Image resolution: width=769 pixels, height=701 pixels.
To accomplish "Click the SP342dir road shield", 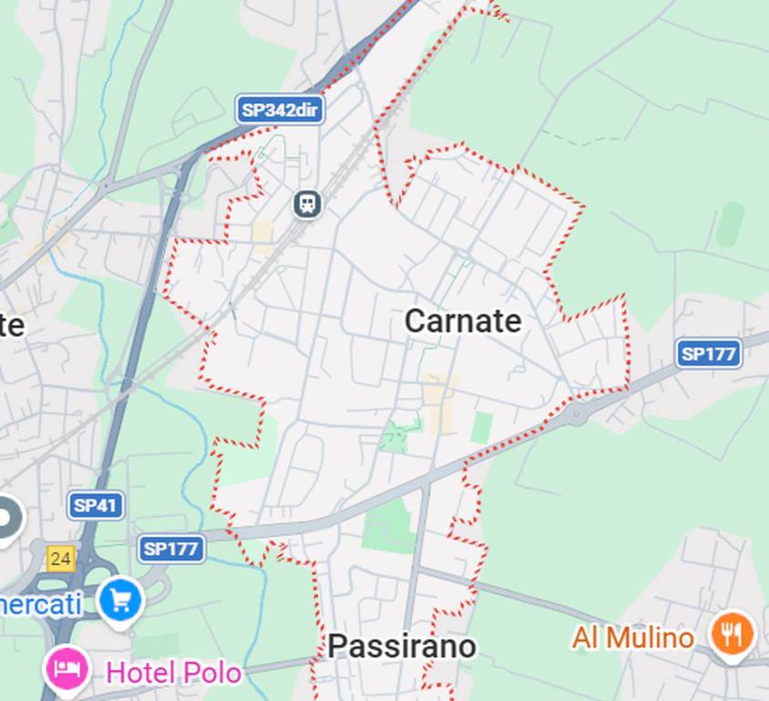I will [x=281, y=110].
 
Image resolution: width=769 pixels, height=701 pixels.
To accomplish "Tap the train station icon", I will [x=308, y=204].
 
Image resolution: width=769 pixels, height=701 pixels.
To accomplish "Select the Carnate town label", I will [x=462, y=321].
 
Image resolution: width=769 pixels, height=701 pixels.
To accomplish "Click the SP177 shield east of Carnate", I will [x=709, y=354].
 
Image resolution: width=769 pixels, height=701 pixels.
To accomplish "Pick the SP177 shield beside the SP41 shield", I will [x=171, y=549].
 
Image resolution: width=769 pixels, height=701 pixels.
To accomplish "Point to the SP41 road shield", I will [x=96, y=505].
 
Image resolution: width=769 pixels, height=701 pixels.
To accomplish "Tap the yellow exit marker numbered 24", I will [x=60, y=559].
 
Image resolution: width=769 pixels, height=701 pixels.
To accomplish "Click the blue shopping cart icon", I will [x=121, y=601].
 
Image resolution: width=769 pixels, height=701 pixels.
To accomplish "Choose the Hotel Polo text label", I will [x=173, y=674].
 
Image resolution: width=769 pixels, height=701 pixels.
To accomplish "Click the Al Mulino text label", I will [x=632, y=637].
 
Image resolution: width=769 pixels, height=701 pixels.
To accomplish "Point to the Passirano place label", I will [x=401, y=646].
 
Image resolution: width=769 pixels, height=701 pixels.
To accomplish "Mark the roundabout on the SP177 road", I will [x=577, y=413].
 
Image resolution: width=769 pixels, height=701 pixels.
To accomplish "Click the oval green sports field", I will [x=729, y=225].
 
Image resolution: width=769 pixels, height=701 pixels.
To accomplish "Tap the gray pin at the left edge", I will [x=7, y=518].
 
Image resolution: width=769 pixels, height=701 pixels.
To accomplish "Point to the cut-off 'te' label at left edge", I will [x=11, y=326].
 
